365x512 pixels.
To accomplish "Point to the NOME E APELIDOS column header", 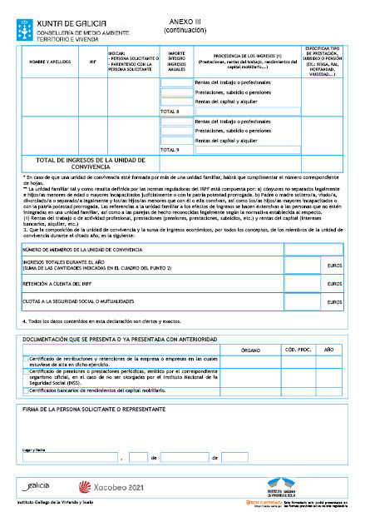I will point(47,62).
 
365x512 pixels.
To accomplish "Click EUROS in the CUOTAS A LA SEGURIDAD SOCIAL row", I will point(335,302).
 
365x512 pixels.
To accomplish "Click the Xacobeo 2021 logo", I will point(103,486).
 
